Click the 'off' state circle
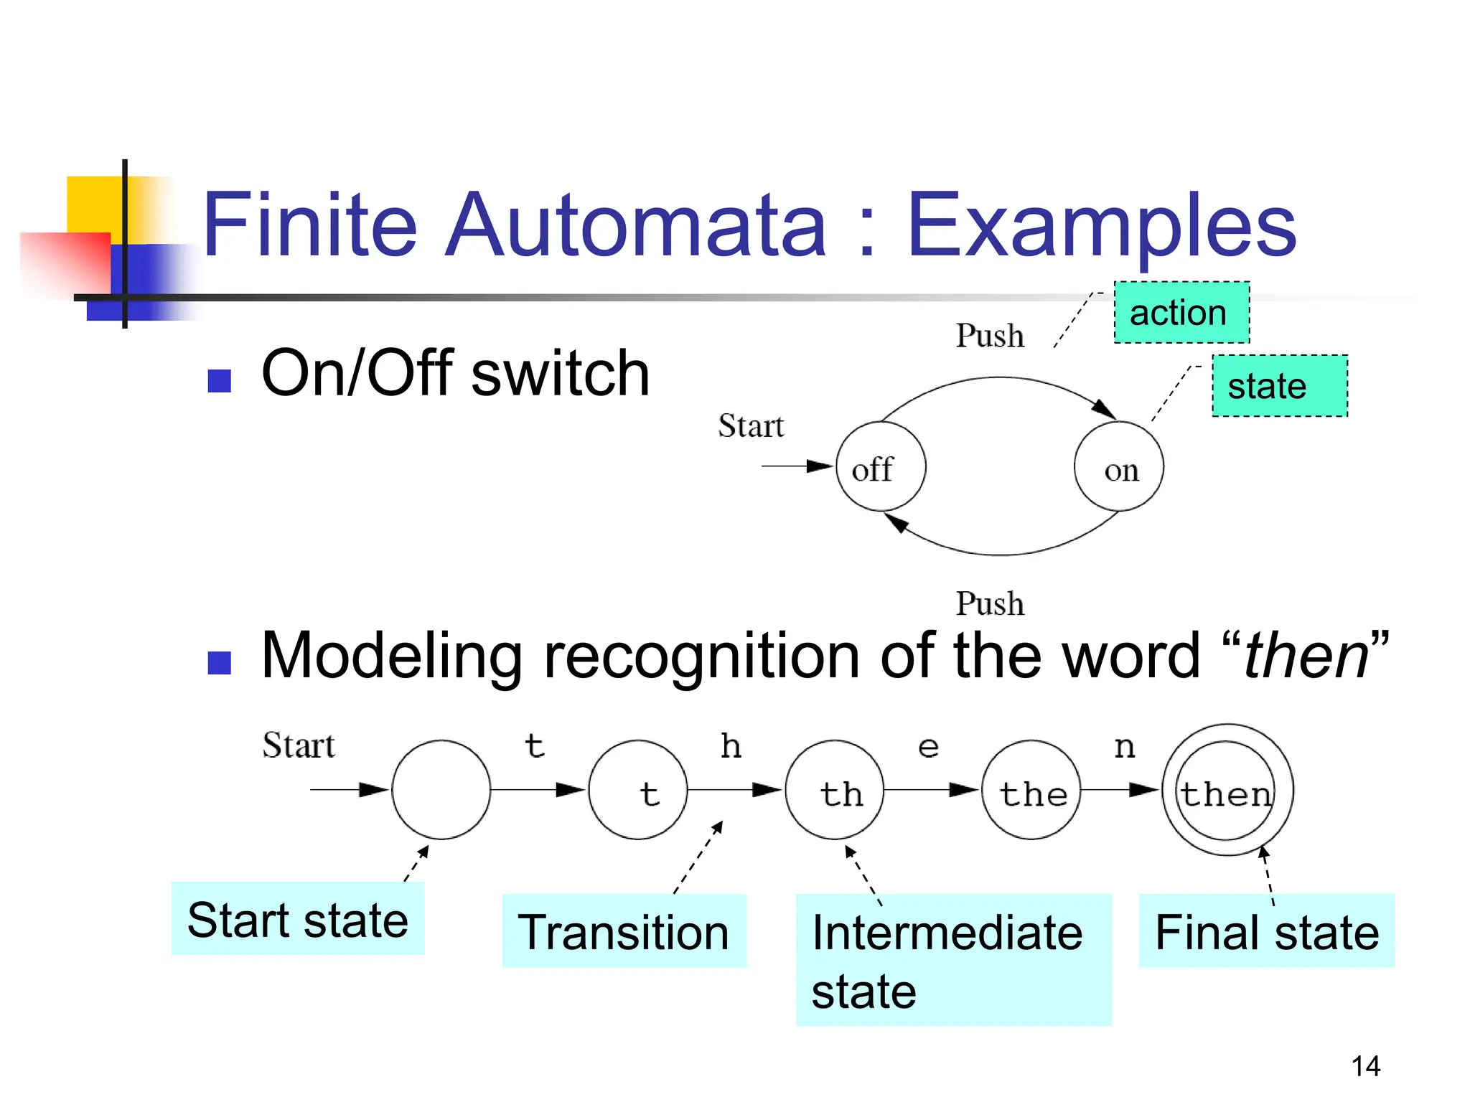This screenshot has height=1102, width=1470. pos(881,466)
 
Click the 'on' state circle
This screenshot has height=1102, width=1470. pos(1118,466)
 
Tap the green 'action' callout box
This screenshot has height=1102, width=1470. pos(1181,313)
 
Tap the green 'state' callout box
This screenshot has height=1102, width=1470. pos(1279,386)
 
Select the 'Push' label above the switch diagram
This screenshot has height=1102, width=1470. pos(989,336)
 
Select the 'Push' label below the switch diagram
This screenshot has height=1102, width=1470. pos(989,604)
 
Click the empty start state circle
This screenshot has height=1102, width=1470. pos(441,790)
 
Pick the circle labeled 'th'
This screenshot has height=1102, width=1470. pos(835,790)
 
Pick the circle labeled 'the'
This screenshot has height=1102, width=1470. pos(1031,790)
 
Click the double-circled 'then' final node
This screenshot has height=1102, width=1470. pos(1227,790)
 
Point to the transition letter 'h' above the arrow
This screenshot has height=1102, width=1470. pos(731,747)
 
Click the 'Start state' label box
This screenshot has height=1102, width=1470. pos(298,919)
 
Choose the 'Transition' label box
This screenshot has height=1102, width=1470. pos(624,931)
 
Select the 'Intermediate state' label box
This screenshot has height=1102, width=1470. pos(953,960)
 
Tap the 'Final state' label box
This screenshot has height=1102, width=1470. pos(1266,931)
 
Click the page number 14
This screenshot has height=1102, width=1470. pos(1365,1066)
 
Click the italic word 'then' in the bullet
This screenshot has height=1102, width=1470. pos(1306,656)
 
